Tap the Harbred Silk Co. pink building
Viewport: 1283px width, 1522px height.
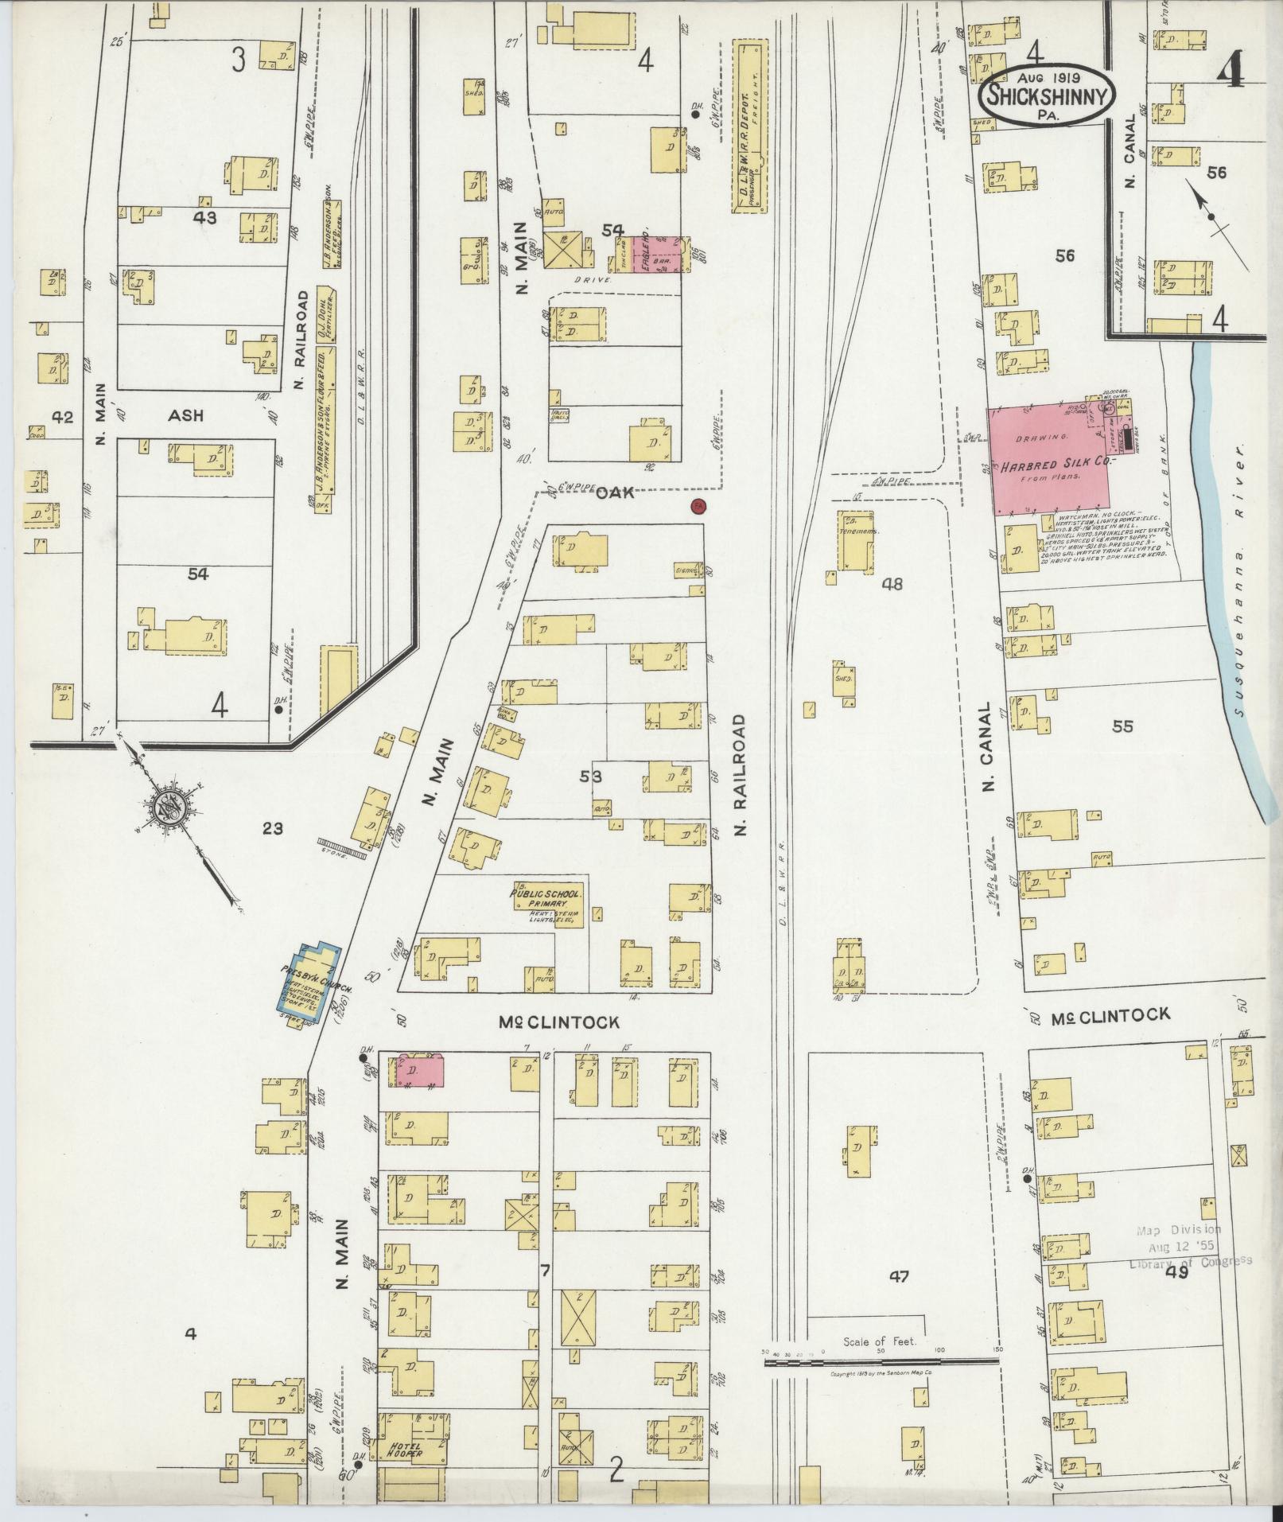pos(1048,461)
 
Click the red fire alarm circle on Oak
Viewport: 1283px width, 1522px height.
pos(698,505)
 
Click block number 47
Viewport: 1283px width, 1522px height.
pos(899,1277)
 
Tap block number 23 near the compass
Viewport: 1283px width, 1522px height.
pos(272,829)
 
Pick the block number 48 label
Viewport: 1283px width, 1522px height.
pos(892,584)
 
